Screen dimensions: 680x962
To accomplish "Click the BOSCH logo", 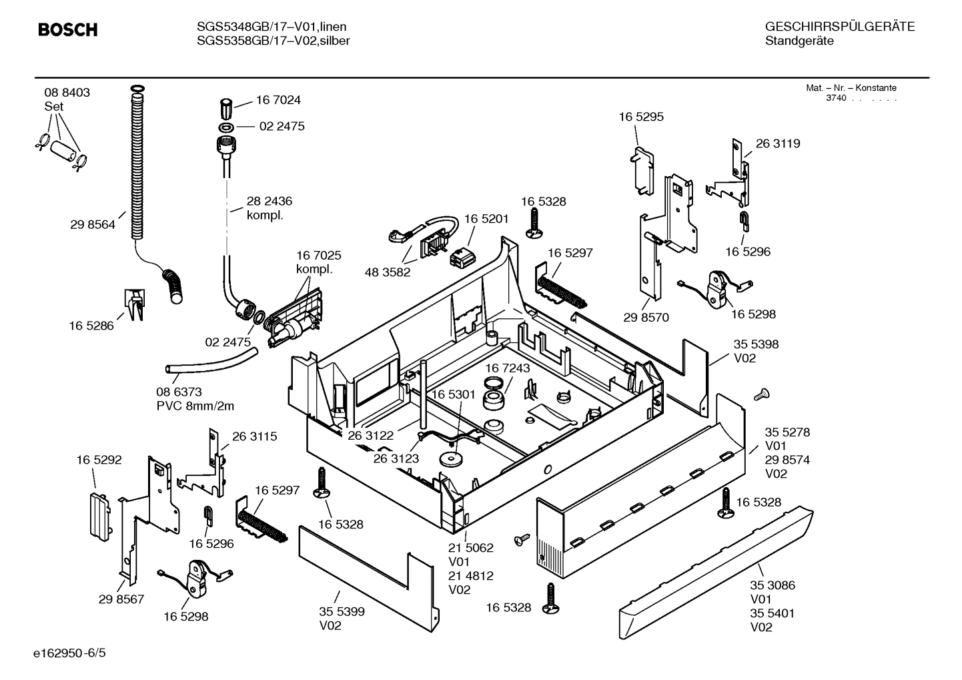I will (67, 30).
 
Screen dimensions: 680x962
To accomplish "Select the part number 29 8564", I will (92, 225).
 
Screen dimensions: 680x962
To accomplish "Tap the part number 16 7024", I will (278, 100).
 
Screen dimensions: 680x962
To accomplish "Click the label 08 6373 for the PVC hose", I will (179, 392).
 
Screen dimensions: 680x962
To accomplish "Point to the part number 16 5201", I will (486, 219).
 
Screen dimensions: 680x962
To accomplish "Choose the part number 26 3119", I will (778, 143).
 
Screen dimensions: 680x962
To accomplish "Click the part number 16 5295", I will (641, 117).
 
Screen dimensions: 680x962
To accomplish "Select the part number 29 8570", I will (646, 318).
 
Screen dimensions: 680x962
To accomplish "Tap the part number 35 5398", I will (756, 344).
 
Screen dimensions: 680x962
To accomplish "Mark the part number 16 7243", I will (507, 368).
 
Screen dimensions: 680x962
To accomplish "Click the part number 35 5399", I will (342, 611).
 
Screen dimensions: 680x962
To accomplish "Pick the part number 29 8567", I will (121, 599).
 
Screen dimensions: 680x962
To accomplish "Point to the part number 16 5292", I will (99, 460).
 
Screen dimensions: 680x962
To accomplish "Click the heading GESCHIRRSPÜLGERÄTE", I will (840, 27).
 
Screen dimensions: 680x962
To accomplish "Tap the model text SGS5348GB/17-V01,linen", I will (272, 27).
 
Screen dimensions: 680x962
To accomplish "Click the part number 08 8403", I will (67, 93).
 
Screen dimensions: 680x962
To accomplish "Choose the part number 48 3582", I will (388, 272).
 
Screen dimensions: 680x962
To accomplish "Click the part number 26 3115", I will (255, 436).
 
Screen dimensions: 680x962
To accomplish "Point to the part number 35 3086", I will (773, 585).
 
